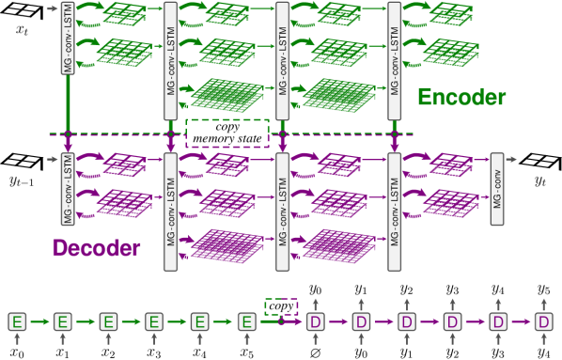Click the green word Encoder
pyautogui.click(x=461, y=98)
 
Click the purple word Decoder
pyautogui.click(x=97, y=248)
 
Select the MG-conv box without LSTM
pyautogui.click(x=497, y=189)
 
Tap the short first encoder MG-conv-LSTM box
pyautogui.click(x=68, y=39)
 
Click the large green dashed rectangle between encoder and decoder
pyautogui.click(x=227, y=133)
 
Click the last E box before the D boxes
pyautogui.click(x=246, y=321)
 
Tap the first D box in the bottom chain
pyautogui.click(x=316, y=321)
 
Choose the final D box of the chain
pyautogui.click(x=544, y=321)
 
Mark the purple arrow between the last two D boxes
pyautogui.click(x=521, y=321)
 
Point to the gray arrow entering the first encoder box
pyautogui.click(x=51, y=8)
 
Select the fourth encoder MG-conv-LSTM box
pyautogui.click(x=395, y=60)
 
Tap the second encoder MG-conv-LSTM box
pyautogui.click(x=170, y=60)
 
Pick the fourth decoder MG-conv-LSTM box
pyautogui.click(x=395, y=211)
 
